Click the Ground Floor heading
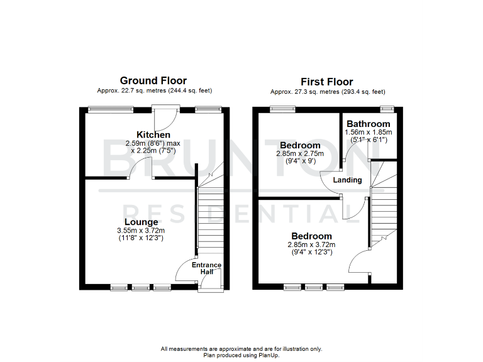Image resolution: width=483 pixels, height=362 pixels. click(x=153, y=80)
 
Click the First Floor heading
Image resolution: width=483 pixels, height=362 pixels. click(x=326, y=82)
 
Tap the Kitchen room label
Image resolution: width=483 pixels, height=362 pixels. click(x=153, y=134)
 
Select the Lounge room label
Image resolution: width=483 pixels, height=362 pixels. click(x=141, y=222)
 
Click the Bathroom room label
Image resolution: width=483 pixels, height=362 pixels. click(x=368, y=124)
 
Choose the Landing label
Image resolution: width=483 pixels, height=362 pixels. click(x=348, y=180)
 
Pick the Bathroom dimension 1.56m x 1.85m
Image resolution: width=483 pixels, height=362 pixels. click(x=368, y=133)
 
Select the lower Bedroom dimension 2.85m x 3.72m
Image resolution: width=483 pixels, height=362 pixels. click(x=312, y=245)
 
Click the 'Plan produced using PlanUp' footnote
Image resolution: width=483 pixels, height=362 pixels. click(x=241, y=355)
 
